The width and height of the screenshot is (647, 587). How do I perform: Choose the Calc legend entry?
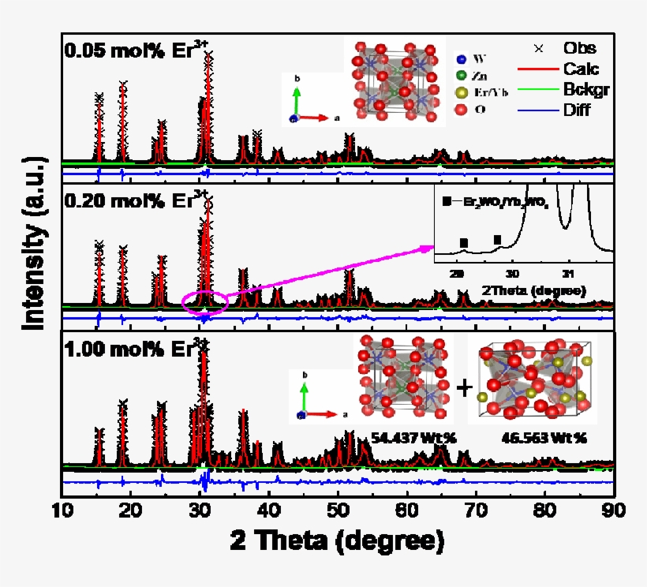pos(581,69)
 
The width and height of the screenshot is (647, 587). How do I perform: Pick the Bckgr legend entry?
pos(583,89)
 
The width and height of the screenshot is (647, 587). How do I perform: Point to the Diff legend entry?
pos(577,110)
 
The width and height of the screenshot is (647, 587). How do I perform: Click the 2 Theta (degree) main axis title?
pos(337,542)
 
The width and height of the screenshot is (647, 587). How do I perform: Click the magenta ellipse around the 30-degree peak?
pos(204,301)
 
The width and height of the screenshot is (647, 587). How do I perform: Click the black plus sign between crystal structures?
pos(466,387)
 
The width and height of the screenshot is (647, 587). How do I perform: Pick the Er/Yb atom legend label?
pos(492,92)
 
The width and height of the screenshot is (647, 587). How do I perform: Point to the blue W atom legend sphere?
pos(462,58)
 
